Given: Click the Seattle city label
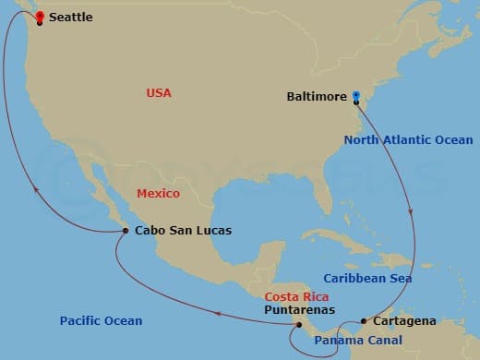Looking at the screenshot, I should [x=70, y=18].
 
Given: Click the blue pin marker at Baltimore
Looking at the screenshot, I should [x=356, y=95].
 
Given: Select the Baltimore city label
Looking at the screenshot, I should [x=317, y=96].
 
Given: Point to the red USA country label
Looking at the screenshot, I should [x=159, y=93].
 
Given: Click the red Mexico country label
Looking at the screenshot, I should [x=158, y=194].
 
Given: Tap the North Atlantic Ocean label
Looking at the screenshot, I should [x=408, y=140].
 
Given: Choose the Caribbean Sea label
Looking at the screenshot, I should [x=367, y=278].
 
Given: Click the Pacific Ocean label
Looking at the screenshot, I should [x=102, y=321].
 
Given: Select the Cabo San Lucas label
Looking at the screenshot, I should [x=183, y=231].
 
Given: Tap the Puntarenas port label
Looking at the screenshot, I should [x=299, y=311].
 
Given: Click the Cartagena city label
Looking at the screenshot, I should [x=404, y=321].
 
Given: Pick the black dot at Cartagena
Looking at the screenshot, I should [x=364, y=321].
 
